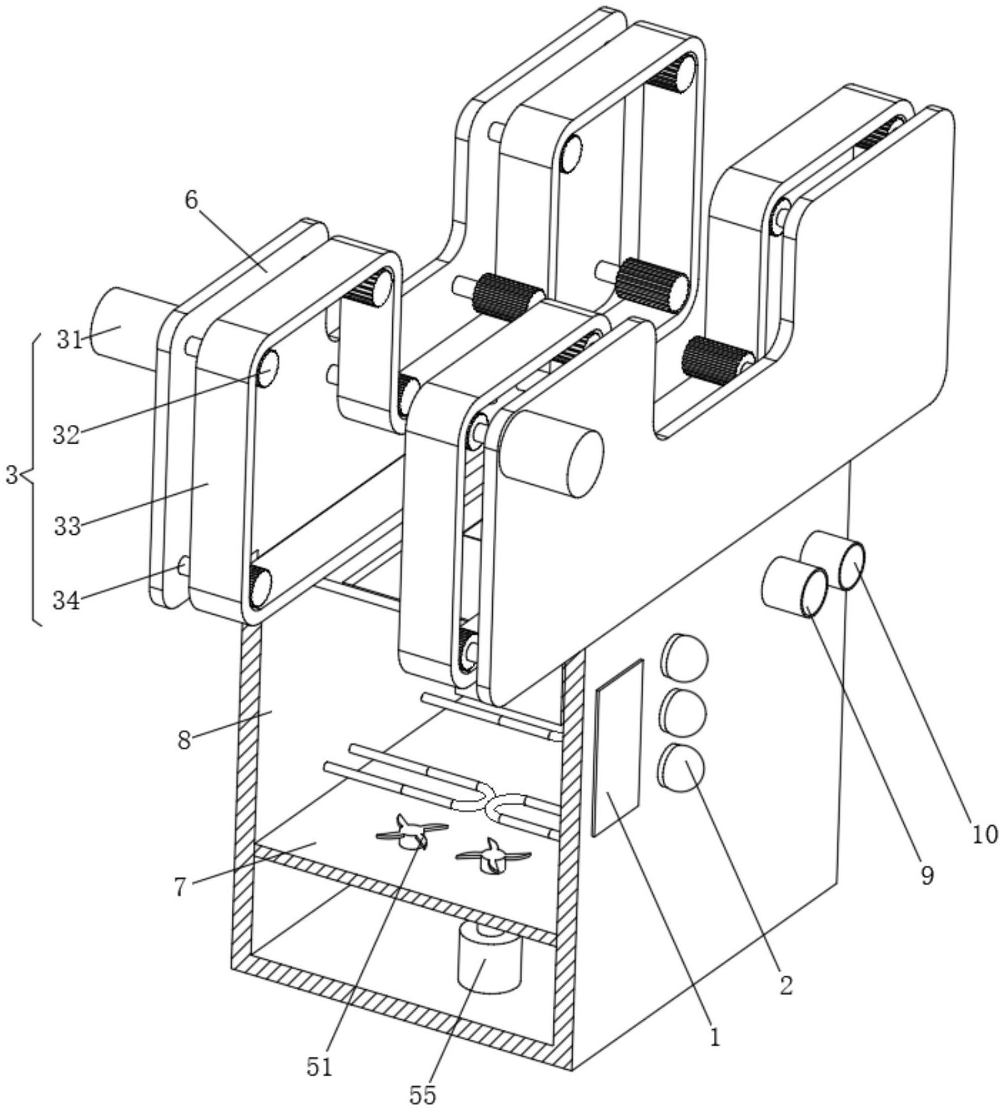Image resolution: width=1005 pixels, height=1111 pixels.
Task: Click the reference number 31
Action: (x=69, y=340)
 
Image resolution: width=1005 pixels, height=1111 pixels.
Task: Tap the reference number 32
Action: (x=66, y=435)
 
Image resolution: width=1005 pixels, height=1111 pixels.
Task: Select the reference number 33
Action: (x=67, y=526)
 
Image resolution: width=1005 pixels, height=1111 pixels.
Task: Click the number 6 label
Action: (x=192, y=200)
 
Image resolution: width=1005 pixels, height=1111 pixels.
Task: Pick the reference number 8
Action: (x=184, y=739)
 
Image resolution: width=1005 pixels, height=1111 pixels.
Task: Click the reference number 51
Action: (x=319, y=1067)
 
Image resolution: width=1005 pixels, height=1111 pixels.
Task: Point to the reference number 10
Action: (x=984, y=833)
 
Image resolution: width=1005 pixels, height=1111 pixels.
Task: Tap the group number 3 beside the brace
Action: (x=11, y=476)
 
